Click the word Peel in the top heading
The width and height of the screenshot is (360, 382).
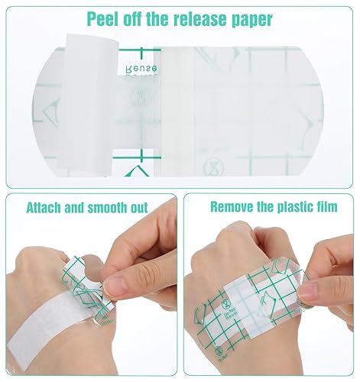[103, 18]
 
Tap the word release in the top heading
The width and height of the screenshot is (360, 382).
[200, 18]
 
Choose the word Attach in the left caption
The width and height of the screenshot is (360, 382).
[46, 208]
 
